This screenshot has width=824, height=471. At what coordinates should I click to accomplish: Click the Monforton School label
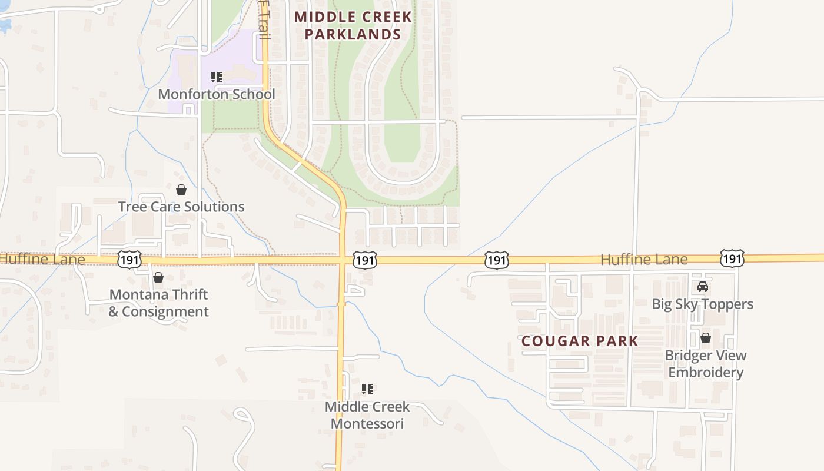point(217,94)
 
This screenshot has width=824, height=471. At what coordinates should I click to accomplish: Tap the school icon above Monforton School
point(216,77)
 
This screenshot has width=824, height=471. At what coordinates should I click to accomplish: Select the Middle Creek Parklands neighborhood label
point(353,25)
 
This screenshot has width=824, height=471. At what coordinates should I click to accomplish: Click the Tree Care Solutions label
point(181,207)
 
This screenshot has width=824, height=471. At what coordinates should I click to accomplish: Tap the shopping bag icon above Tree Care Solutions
point(181,190)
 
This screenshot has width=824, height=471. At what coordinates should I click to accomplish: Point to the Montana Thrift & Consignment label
point(159,303)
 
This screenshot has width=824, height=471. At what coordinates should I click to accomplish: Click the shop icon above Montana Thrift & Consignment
point(158,277)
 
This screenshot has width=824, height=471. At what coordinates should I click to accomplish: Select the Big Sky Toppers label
point(703,304)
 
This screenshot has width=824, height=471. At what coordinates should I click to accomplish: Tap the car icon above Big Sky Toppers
point(703,287)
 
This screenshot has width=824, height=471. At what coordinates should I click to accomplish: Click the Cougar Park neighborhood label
point(580,341)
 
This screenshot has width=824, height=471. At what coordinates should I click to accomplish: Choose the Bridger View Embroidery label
point(706,364)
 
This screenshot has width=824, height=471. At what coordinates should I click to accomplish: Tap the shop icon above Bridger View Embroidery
point(705,339)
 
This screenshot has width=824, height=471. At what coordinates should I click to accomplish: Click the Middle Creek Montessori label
point(367,414)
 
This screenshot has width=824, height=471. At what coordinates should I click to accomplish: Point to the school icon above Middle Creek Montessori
point(367,389)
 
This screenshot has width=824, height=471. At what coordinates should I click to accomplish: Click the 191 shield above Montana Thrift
point(129,259)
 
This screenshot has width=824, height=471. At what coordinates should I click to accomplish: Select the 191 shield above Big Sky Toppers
point(732,258)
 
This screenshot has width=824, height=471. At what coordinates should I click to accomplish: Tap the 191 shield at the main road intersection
point(365,260)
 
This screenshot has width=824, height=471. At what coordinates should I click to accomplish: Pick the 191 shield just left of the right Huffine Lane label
point(497,260)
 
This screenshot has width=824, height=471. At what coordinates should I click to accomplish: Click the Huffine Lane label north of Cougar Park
point(644,259)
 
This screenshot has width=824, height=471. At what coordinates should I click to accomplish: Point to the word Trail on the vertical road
point(264,21)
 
